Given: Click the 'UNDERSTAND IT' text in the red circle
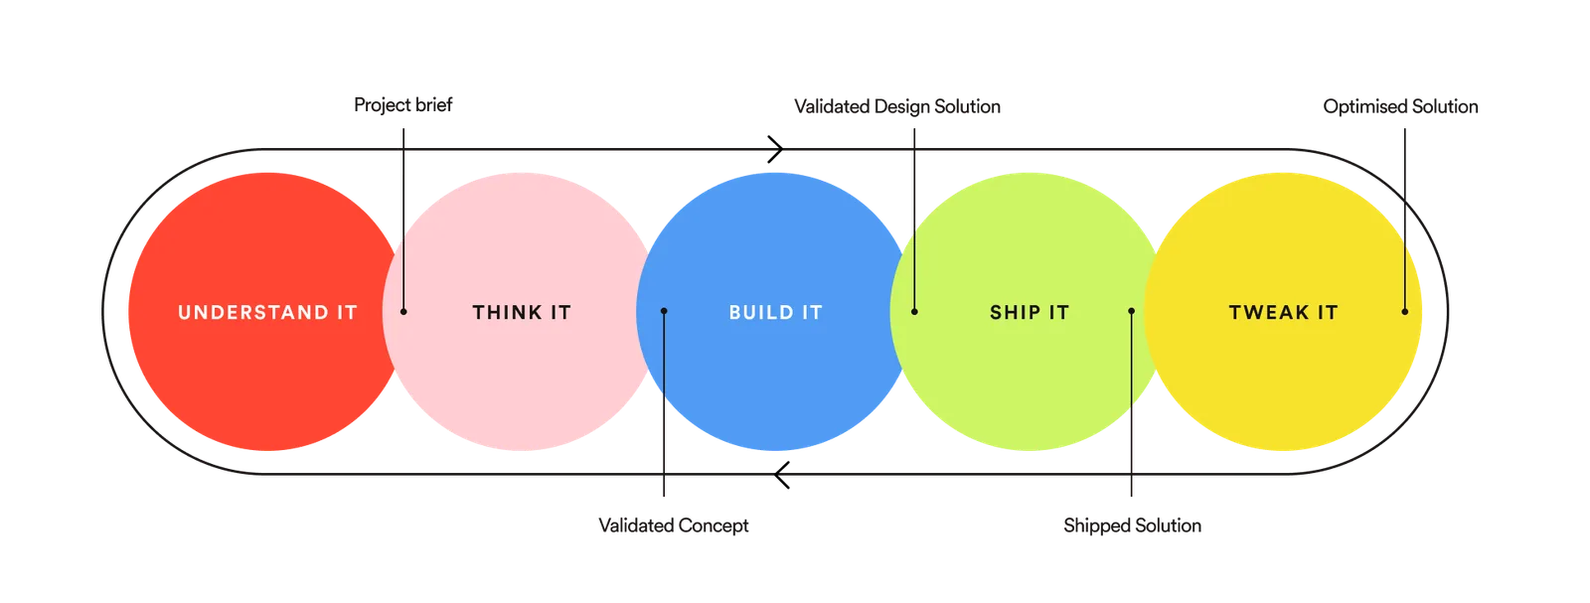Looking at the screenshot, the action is [x=267, y=312].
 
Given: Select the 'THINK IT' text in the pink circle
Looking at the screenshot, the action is [x=522, y=312].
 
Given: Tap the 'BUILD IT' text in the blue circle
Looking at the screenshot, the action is [x=776, y=312].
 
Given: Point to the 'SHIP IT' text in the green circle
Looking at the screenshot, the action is [x=1030, y=312].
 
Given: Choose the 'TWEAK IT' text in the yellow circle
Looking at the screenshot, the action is [x=1283, y=312].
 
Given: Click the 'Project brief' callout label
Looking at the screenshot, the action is [x=403, y=105].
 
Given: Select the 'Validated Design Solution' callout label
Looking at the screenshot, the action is [x=897, y=106].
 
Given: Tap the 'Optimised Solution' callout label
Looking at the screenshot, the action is [x=1400, y=106].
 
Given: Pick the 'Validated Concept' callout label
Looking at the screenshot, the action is [x=674, y=526].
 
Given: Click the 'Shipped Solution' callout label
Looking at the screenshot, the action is [x=1132, y=526].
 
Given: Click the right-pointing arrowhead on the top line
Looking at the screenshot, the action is [x=775, y=149].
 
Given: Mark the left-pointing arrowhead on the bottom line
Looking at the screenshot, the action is [x=782, y=475].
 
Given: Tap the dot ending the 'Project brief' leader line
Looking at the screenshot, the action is [x=403, y=311].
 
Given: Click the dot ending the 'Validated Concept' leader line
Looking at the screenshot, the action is [x=664, y=311].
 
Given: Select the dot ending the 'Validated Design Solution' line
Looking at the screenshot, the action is [x=914, y=311].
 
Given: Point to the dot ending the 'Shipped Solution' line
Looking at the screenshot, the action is [x=1132, y=311].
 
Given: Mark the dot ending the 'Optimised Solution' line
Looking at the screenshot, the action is [x=1405, y=311].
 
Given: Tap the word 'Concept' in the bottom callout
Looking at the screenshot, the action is [x=714, y=527].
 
